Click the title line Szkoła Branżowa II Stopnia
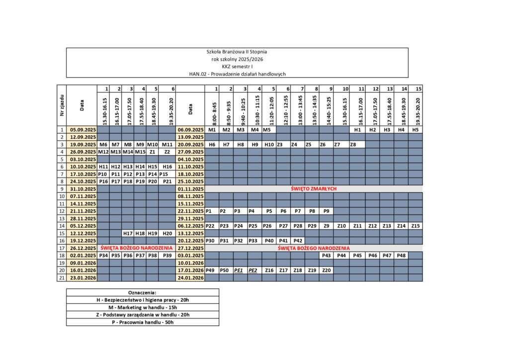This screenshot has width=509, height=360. (237, 52)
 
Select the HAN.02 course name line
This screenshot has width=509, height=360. (237, 74)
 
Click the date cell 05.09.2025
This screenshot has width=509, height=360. (82, 130)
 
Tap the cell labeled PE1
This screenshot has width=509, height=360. (239, 270)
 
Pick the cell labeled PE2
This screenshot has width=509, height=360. (253, 270)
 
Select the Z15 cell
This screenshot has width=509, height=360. (416, 226)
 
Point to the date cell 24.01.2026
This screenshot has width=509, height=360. (191, 277)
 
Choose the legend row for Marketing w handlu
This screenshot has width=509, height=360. (142, 307)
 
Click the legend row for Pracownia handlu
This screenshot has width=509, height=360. (142, 322)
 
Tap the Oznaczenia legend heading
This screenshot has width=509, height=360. (142, 292)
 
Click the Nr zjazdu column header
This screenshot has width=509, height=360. (62, 105)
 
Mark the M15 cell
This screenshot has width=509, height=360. (140, 152)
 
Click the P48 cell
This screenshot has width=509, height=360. (401, 256)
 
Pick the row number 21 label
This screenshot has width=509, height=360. (62, 277)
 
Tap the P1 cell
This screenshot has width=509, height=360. (209, 211)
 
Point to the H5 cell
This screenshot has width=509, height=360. (416, 130)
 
